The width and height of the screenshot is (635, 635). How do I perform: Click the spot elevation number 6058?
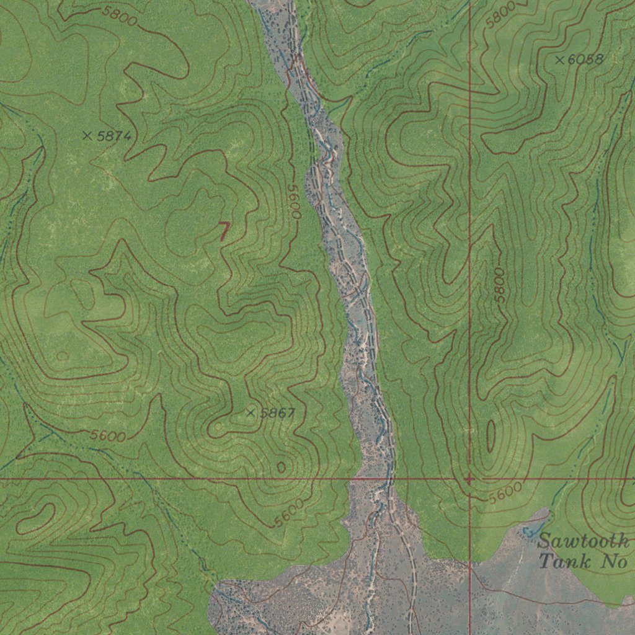(x=585, y=60)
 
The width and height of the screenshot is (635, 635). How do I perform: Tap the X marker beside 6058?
(x=560, y=60)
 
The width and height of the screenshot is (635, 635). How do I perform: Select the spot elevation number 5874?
(x=113, y=136)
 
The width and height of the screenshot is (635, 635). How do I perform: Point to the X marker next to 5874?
(x=87, y=135)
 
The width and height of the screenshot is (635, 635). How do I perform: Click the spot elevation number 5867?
(x=277, y=413)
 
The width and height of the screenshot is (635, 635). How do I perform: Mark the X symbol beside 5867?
(x=251, y=412)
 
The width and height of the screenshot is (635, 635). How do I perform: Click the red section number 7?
(x=224, y=232)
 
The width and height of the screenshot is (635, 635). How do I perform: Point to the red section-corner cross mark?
(x=469, y=479)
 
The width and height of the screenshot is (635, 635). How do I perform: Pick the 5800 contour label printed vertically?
(x=500, y=285)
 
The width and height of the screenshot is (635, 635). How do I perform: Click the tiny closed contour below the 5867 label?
(x=281, y=467)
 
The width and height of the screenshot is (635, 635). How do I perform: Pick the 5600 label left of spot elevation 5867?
(x=108, y=436)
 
